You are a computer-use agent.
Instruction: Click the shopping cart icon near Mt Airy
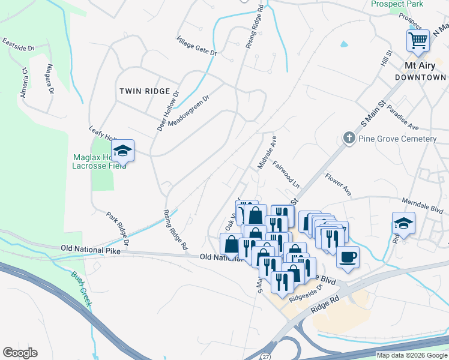tap(418, 41)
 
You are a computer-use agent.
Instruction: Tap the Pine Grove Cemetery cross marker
tap(349, 139)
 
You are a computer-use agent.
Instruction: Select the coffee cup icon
tap(348, 258)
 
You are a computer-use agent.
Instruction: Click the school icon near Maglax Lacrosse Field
tap(122, 151)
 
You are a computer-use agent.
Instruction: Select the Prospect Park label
tap(397, 4)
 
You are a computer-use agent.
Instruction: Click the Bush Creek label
tap(81, 289)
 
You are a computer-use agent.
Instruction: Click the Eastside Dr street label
tap(19, 44)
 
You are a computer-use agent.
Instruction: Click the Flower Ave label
tap(338, 185)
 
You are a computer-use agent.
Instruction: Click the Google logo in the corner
tap(20, 353)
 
